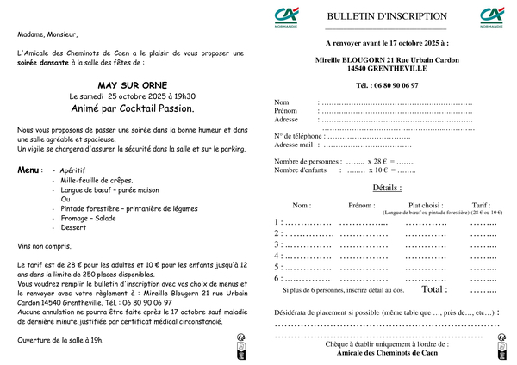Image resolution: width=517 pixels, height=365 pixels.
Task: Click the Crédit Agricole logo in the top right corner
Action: click(x=492, y=15)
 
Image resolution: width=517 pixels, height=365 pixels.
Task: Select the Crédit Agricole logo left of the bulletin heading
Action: click(x=286, y=16)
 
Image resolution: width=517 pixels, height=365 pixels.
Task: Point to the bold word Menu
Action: click(x=28, y=170)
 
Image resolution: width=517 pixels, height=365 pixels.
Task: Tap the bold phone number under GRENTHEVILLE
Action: click(x=387, y=86)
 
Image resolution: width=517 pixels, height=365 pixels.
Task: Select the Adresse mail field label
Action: click(x=293, y=145)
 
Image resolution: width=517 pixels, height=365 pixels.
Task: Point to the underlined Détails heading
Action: click(x=387, y=187)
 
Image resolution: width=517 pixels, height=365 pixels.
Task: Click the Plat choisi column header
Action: click(x=426, y=206)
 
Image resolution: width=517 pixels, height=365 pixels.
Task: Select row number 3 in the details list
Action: click(x=277, y=244)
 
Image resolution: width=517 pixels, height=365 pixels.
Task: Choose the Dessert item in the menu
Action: click(x=74, y=228)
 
